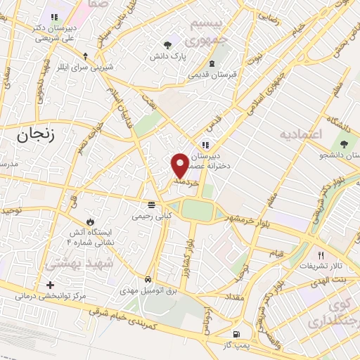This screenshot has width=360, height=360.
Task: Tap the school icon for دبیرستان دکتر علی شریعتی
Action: click(53, 18)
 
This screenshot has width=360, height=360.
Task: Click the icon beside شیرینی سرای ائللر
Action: click(86, 56)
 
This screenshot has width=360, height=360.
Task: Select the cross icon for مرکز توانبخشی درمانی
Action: click(49, 285)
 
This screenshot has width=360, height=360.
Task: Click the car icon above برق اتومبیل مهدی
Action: click(148, 278)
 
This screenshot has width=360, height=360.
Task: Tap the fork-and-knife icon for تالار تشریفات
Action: click(321, 255)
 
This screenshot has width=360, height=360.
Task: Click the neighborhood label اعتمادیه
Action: click(300, 134)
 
